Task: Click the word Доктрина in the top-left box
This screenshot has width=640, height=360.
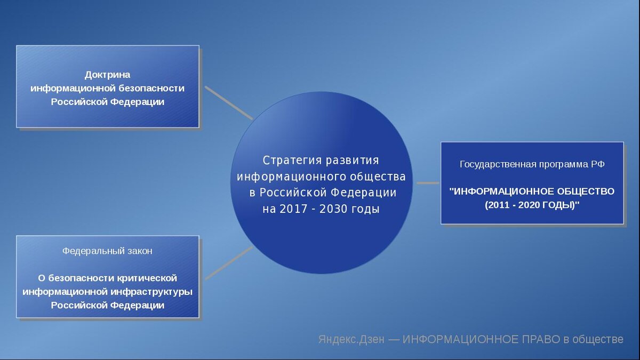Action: [x=107, y=75]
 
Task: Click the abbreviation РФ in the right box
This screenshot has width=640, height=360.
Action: [x=598, y=164]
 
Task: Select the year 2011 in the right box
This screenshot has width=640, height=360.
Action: [x=499, y=205]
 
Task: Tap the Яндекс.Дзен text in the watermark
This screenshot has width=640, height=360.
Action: [x=351, y=340]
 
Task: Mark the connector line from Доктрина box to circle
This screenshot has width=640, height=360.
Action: [x=228, y=102]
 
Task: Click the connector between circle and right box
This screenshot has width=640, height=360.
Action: [x=427, y=183]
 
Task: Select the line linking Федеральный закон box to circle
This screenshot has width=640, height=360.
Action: [x=228, y=263]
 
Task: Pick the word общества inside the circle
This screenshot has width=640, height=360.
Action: [x=377, y=177]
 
